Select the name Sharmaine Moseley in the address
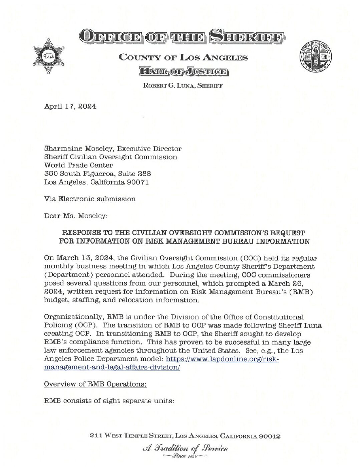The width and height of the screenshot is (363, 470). tap(73, 149)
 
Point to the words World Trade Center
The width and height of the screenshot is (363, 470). tap(79, 165)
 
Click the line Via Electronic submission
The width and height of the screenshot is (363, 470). tap(90, 199)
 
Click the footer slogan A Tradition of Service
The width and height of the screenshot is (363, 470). tap(182, 448)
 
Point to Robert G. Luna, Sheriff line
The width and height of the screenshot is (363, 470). tap(183, 86)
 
